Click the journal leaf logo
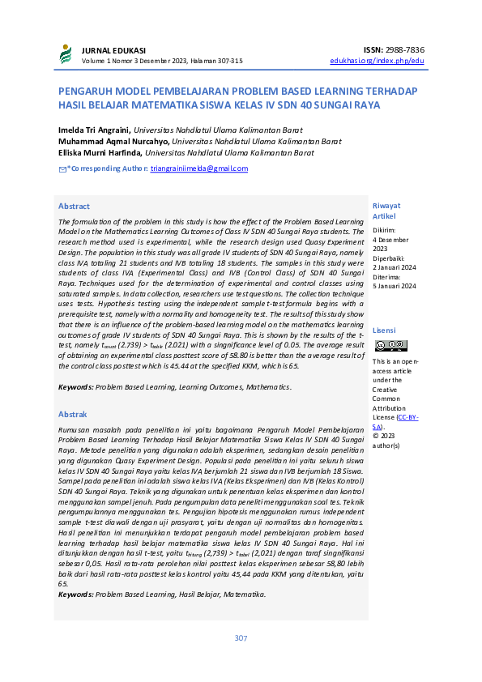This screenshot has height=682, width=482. [x=65, y=54]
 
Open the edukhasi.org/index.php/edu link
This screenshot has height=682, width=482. [x=377, y=61]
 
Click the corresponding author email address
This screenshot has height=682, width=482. [x=199, y=168]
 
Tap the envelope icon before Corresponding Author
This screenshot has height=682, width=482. [x=62, y=168]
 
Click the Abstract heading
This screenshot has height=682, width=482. [x=74, y=207]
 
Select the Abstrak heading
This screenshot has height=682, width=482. [x=73, y=413]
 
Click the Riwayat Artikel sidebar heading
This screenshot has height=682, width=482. [x=386, y=211]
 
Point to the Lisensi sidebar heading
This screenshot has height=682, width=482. [x=383, y=330]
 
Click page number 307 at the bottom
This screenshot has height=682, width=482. [x=241, y=638]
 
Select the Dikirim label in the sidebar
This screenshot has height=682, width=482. [x=385, y=231]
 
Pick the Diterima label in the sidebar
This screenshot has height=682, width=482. [x=386, y=276]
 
